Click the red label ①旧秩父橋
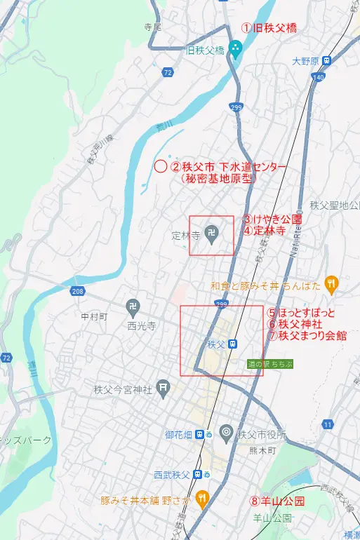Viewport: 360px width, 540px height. click(269, 28)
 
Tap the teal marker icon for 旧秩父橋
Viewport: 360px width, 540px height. click(236, 48)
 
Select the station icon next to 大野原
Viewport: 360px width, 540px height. click(328, 61)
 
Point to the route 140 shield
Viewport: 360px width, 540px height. click(319, 76)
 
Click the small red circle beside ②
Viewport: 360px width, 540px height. click(160, 166)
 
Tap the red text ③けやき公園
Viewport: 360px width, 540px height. click(272, 219)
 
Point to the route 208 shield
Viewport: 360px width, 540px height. click(77, 290)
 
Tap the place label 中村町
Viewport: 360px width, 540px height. click(93, 317)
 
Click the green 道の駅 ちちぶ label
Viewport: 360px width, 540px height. click(269, 364)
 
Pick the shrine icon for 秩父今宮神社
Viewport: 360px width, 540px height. click(163, 386)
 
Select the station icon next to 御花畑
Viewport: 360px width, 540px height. click(201, 434)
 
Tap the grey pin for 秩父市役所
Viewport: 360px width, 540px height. click(226, 433)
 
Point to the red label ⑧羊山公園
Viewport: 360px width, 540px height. click(277, 501)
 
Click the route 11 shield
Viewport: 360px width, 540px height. click(327, 424)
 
